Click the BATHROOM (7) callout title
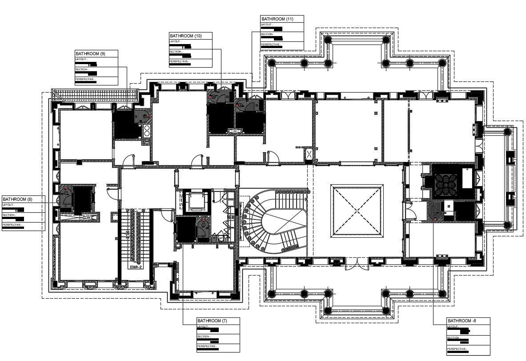pyautogui.click(x=213, y=321)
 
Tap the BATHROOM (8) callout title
pyautogui.click(x=17, y=199)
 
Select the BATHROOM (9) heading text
pyautogui.click(x=90, y=54)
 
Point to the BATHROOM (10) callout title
pyautogui.click(x=185, y=36)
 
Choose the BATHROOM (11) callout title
pyautogui.click(x=277, y=19)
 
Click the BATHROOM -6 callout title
pyautogui.click(x=462, y=321)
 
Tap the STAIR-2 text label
pyautogui.click(x=135, y=267)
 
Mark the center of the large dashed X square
pyautogui.click(x=357, y=211)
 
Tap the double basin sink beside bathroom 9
pyautogui.click(x=147, y=130)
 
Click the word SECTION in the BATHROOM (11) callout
pyautogui.click(x=267, y=34)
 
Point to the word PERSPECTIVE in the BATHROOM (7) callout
pyautogui.click(x=207, y=346)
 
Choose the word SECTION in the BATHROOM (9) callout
pyautogui.click(x=82, y=69)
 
